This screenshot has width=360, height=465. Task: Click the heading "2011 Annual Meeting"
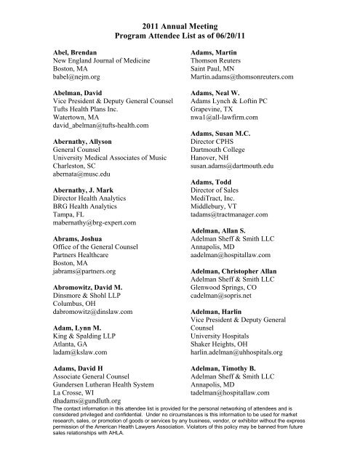180,22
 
